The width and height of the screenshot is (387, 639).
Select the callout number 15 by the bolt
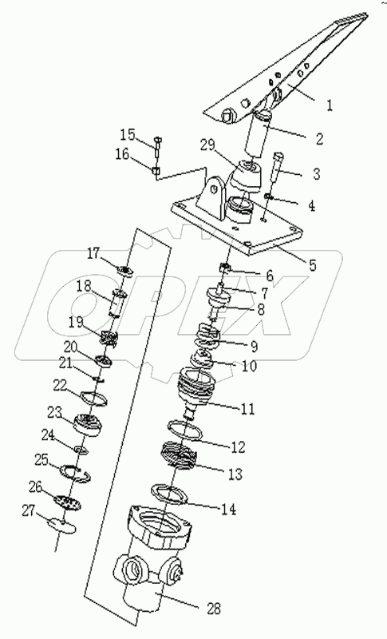click(x=128, y=133)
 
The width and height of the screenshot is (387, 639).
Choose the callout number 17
click(x=94, y=254)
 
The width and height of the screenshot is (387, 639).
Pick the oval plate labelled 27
click(x=60, y=526)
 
